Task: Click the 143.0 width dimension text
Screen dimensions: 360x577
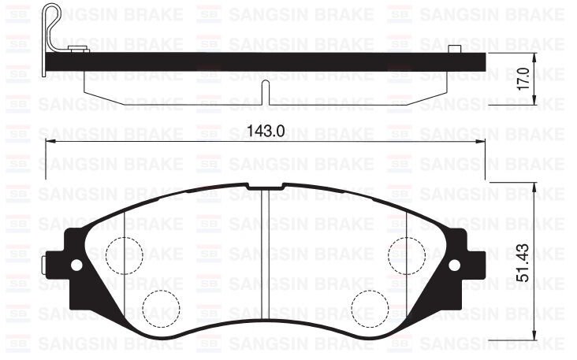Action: (x=264, y=131)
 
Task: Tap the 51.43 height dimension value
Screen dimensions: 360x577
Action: (x=545, y=261)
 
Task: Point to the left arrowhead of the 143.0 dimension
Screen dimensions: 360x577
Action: (x=49, y=142)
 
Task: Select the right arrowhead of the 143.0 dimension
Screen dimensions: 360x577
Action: (x=482, y=142)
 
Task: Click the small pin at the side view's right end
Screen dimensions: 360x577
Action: (x=454, y=51)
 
